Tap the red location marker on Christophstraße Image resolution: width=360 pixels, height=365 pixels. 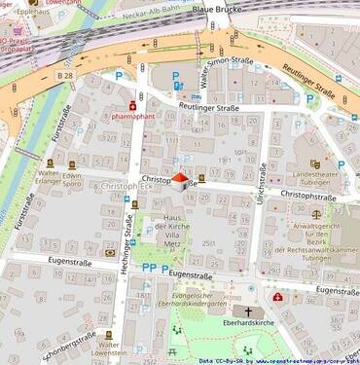tap(179, 179)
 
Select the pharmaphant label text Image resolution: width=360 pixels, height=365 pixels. tap(132, 115)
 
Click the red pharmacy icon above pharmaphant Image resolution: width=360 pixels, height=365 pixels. tap(132, 104)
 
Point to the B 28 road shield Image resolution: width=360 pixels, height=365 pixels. tap(65, 75)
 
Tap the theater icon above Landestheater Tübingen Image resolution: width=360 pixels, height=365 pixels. tap(314, 164)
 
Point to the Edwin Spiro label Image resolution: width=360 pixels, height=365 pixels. tap(72, 181)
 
